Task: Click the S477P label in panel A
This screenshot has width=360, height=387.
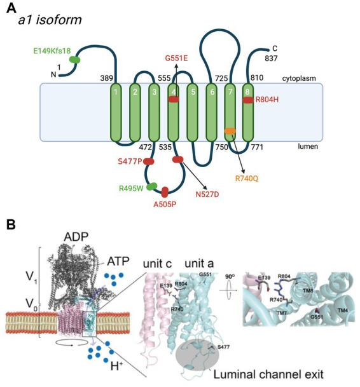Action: (130, 162)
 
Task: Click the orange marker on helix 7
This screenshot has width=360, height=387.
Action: (230, 131)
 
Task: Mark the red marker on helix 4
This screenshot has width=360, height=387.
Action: (173, 100)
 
